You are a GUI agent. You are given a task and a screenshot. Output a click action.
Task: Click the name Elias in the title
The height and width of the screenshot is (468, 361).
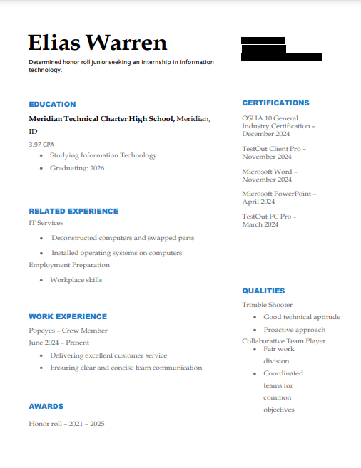pos(59,43)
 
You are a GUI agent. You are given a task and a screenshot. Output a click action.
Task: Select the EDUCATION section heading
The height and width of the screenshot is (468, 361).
pos(52,104)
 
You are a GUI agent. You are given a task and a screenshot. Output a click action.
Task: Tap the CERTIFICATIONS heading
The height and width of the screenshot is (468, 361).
pos(275,103)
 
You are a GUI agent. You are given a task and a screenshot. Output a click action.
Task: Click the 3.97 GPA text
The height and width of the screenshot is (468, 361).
pos(41,145)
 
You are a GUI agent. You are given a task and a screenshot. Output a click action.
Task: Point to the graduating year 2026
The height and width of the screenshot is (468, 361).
pos(97,168)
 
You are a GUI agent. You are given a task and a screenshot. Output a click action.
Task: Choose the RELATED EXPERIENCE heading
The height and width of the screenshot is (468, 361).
pos(73,211)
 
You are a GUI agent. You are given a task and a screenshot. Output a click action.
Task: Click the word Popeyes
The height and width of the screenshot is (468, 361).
pos(42,331)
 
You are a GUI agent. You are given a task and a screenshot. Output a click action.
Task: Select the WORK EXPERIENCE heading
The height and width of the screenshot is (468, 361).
pos(68,316)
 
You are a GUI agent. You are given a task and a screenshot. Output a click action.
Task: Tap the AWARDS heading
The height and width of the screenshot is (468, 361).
pos(46,406)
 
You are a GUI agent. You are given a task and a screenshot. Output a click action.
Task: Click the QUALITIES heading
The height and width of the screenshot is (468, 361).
pos(263,291)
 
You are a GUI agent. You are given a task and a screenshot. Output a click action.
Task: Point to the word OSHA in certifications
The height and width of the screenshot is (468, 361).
pos(252,118)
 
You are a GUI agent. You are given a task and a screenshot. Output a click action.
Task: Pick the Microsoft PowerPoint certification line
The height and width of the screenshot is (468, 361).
pos(278,194)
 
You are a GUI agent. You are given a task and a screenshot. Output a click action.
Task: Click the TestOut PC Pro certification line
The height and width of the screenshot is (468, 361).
pos(269,217)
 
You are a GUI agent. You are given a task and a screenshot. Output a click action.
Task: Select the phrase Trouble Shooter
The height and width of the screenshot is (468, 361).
pos(267,305)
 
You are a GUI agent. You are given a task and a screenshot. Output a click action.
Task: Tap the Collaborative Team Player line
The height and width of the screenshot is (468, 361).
pos(283,341)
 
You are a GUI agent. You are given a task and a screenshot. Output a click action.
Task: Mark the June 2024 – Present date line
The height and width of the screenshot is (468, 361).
pos(59,343)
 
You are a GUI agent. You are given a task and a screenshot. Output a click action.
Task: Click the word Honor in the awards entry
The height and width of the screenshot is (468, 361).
pos(38,424)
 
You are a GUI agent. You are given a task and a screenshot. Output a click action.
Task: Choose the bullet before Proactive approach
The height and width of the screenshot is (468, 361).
pos(255,330)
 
